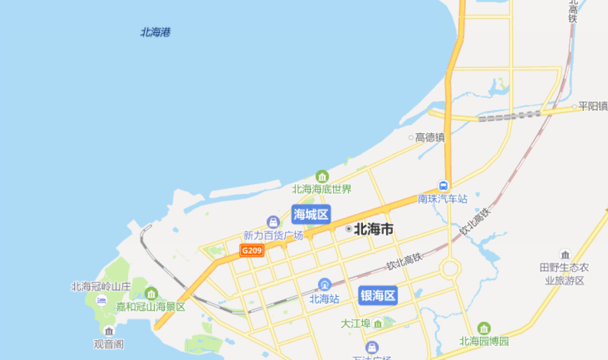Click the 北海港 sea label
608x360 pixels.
[155, 32]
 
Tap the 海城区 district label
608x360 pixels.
[311, 214]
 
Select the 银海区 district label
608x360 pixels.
[378, 295]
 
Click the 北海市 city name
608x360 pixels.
[374, 229]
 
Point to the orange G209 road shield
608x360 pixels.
[252, 250]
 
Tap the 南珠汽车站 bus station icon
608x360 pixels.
[443, 187]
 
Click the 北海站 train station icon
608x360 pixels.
[325, 285]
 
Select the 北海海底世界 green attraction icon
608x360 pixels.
[322, 177]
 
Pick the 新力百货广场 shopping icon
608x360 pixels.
[272, 222]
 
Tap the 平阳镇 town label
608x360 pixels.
[592, 106]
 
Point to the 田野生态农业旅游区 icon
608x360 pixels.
[565, 255]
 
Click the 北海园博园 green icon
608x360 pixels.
[484, 328]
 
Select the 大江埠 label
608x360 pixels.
[354, 323]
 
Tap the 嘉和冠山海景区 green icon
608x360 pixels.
[151, 294]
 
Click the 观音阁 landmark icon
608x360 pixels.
[109, 331]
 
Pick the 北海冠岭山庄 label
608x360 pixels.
[102, 287]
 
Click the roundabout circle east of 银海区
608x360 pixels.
[450, 269]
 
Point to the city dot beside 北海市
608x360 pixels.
[348, 229]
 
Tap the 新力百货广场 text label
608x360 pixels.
[273, 235]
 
